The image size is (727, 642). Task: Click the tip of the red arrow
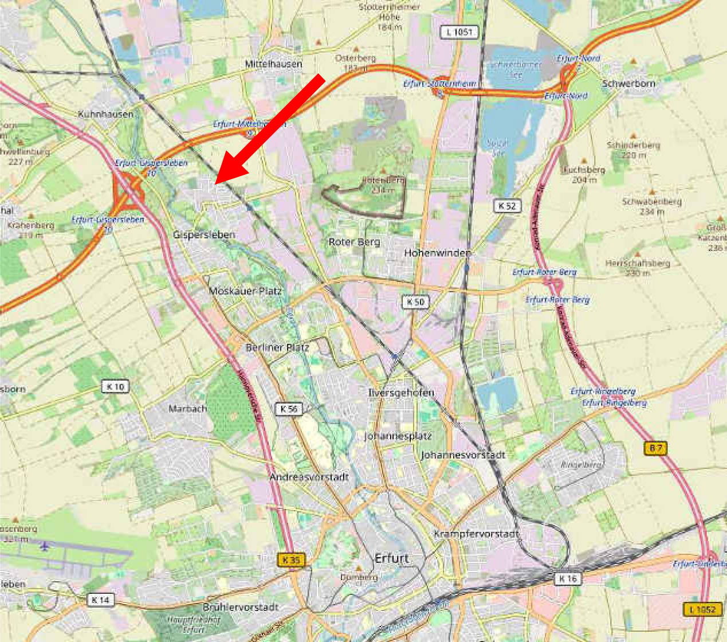pos(217,182)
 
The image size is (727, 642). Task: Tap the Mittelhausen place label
pos(273,64)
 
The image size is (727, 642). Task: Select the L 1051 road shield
pos(459,32)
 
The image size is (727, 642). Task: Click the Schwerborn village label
pos(628,83)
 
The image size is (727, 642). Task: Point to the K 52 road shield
pos(507,206)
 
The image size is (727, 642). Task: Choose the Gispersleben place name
pos(204,234)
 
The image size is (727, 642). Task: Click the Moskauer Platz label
pos(245,291)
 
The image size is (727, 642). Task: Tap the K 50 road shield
pos(416,302)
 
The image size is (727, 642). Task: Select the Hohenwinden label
pos(438,253)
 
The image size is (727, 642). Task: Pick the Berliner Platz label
pos(277,347)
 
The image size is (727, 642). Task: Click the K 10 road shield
pos(115,386)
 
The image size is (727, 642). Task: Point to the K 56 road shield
pos(289,409)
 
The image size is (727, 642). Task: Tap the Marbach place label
pos(187,409)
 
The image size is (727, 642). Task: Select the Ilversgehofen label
pos(401,393)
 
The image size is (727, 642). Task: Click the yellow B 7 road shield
pos(655,448)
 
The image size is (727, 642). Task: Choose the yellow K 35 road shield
pos(291,560)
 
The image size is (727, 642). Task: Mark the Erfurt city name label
pos(392,558)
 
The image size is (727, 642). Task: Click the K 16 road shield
pos(568,579)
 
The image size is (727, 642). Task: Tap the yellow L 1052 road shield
pos(702,609)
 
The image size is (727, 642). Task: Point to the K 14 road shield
pos(100,600)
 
